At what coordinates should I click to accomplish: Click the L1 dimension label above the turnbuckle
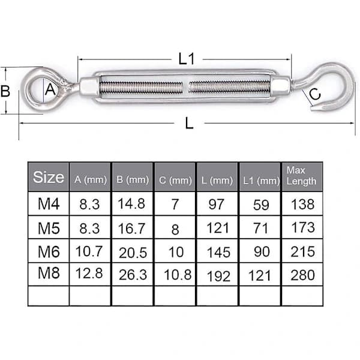(187, 59)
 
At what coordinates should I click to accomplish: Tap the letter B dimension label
(5, 91)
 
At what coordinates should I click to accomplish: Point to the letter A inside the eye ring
(50, 89)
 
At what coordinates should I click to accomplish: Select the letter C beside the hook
(315, 94)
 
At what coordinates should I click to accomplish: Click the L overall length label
(189, 123)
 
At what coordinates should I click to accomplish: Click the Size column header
(49, 177)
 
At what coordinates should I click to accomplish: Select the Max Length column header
(301, 176)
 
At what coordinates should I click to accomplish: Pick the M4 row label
(49, 203)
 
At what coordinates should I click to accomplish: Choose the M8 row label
(49, 273)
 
